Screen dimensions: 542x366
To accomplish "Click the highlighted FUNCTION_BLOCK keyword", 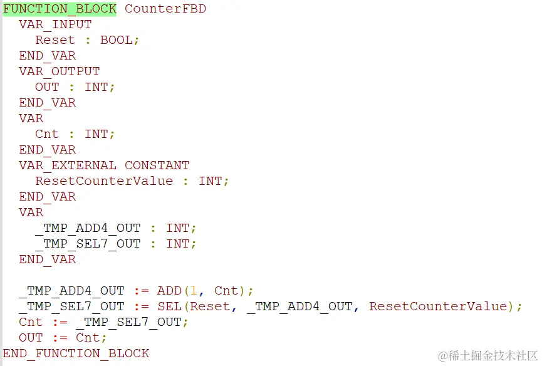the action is click(x=60, y=9).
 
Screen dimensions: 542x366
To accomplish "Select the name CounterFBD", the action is click(x=165, y=9).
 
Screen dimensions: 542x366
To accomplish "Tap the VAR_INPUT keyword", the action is click(x=55, y=24).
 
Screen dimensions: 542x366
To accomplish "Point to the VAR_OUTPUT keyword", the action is click(x=59, y=71).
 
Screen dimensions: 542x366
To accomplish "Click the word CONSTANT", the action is click(x=157, y=165).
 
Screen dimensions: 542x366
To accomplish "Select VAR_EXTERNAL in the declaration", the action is click(x=67, y=165).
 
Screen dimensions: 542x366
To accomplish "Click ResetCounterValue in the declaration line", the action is click(x=104, y=181).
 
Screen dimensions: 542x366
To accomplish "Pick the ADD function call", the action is click(x=169, y=291).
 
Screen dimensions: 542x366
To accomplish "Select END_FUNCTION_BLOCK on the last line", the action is click(x=76, y=353).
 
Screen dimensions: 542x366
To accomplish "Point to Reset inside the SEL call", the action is click(x=210, y=306).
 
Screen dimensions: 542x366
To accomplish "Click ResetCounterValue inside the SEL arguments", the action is click(x=438, y=306).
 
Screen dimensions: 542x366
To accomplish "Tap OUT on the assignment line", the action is click(x=31, y=338).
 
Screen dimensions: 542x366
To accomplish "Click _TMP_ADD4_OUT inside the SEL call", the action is click(x=300, y=306).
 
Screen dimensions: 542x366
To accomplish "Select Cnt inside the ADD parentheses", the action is click(x=226, y=291).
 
